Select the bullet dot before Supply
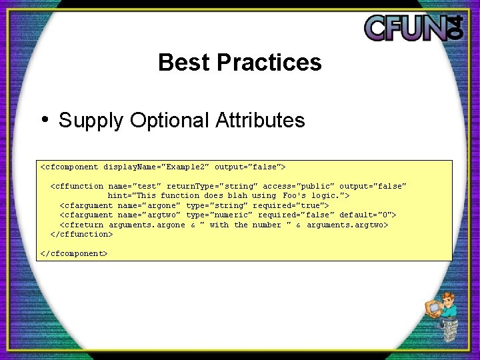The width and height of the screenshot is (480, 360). click(45, 120)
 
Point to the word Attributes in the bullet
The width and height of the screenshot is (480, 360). click(260, 121)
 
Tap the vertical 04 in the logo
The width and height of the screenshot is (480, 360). click(455, 27)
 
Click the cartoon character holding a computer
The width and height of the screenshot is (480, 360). click(443, 317)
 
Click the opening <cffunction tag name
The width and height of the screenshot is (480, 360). click(77, 186)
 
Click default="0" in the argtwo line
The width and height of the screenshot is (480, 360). click(367, 215)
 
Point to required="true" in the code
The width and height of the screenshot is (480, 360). click(291, 205)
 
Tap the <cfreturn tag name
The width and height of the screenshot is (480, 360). click(81, 225)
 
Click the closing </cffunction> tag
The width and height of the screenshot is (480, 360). click(81, 234)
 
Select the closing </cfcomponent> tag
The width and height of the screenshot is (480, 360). click(74, 253)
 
